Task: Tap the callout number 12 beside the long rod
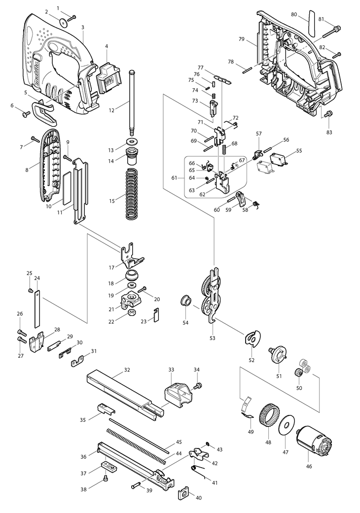(111, 110)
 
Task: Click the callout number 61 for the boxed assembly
(174, 178)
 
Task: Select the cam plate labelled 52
(252, 338)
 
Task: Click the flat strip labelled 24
(37, 309)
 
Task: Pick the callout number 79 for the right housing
(242, 39)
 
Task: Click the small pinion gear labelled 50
(298, 372)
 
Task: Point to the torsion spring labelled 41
(199, 472)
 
